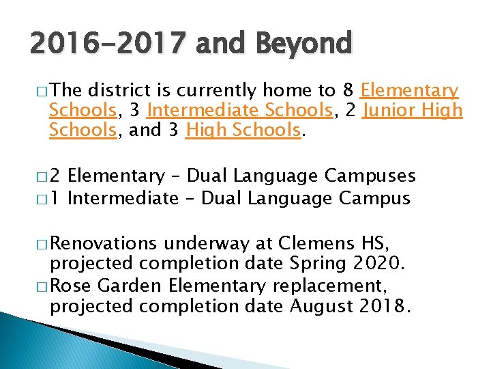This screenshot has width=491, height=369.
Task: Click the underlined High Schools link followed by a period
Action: pos(243,130)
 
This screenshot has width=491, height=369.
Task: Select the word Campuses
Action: pos(370,176)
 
